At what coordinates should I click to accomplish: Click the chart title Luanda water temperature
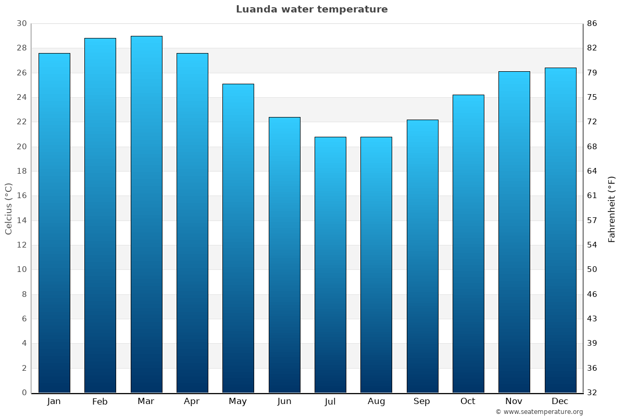(311, 9)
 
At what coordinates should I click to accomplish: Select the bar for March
(146, 214)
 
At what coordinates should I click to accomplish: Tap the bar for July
(330, 265)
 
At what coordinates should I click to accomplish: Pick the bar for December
(560, 230)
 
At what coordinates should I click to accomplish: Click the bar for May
(238, 238)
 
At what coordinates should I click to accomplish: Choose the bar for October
(468, 243)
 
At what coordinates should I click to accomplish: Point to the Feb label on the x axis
(100, 401)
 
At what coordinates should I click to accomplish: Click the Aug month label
(376, 401)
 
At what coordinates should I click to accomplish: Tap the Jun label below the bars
(284, 401)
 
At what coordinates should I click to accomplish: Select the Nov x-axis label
(514, 401)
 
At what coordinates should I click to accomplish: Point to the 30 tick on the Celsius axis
(21, 23)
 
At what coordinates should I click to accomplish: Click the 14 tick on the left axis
(21, 220)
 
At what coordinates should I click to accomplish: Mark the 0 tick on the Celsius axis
(24, 393)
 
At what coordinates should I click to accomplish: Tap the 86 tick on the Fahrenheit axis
(592, 23)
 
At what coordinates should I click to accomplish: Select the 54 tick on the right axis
(592, 245)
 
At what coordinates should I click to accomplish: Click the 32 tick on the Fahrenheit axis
(592, 393)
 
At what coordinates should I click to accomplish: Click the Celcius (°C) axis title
(8, 209)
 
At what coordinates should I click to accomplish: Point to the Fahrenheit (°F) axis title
(612, 209)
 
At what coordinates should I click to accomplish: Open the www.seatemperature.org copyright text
(539, 412)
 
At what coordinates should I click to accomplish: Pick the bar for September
(422, 256)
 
